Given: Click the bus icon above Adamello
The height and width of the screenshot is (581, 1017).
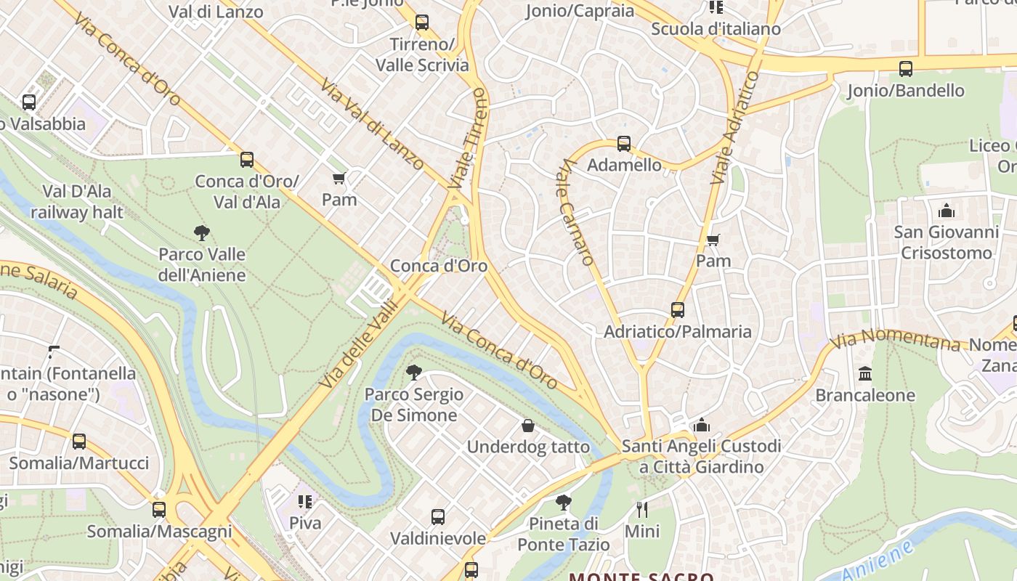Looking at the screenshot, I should tap(624, 144).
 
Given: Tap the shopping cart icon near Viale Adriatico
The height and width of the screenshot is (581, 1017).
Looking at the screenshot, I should tap(713, 240).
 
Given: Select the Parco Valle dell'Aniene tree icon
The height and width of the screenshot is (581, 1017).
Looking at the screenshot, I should tap(202, 233).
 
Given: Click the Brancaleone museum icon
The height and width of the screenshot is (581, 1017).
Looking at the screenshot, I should tap(865, 374).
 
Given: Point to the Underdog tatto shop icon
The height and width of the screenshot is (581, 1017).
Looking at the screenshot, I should tap(528, 426).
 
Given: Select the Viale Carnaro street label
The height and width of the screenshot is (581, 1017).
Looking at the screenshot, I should tap(577, 212).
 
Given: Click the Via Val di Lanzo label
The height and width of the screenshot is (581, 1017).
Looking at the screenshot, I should tap(372, 124).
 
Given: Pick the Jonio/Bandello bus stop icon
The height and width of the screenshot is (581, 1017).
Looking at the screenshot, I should tap(905, 69).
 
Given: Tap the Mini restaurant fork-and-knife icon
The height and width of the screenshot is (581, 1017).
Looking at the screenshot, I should tap(642, 509).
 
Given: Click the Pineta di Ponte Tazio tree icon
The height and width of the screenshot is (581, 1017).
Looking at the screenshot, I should tap(563, 502).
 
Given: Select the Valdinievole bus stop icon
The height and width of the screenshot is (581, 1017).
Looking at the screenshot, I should tap(438, 517).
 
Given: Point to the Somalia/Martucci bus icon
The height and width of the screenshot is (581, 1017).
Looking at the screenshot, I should tap(78, 442).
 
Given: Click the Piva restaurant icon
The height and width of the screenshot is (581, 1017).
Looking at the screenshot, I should tap(305, 502).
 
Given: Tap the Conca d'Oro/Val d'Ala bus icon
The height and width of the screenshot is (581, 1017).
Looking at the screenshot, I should tap(247, 160).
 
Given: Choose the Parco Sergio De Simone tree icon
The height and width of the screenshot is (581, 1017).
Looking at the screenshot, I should tap(414, 373).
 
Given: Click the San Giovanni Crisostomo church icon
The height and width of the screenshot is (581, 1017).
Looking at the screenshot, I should tap(947, 211).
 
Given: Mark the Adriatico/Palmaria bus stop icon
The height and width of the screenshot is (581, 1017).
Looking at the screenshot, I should tap(678, 310).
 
